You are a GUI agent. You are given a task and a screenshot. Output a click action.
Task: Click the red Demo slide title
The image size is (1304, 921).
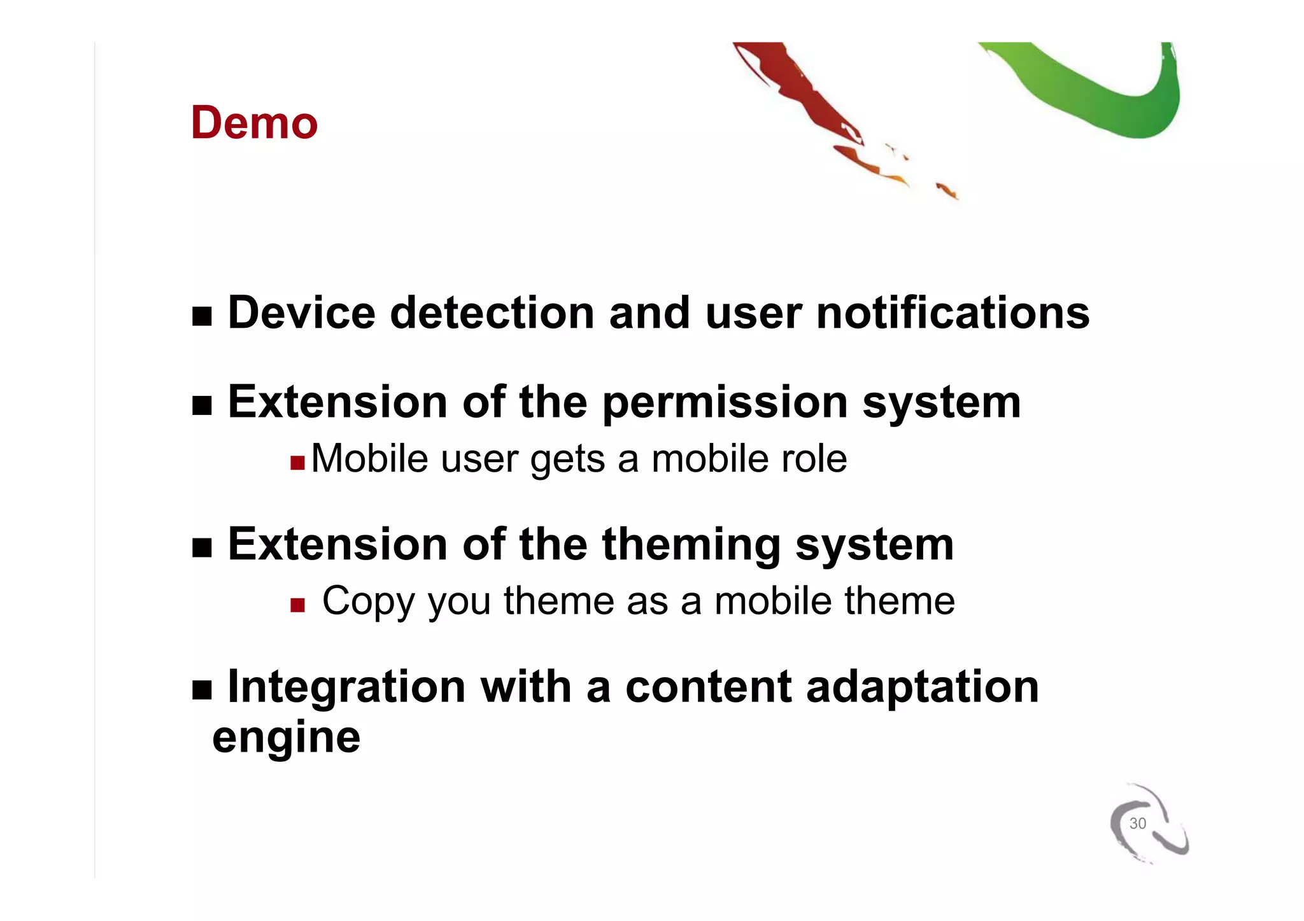click(254, 122)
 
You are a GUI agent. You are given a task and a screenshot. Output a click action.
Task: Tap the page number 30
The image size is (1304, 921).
click(1137, 823)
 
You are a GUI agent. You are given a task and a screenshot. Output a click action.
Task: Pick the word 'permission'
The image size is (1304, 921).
click(725, 402)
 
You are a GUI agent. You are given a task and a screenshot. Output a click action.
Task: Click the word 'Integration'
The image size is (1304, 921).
click(346, 687)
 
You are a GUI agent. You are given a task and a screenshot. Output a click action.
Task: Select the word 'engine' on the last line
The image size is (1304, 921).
click(286, 738)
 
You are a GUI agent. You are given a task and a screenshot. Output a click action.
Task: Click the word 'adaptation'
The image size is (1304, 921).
click(922, 687)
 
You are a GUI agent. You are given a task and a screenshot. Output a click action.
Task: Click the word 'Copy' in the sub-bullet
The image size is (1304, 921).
click(367, 601)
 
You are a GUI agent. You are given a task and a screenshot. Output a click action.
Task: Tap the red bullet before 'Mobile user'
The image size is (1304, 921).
click(297, 462)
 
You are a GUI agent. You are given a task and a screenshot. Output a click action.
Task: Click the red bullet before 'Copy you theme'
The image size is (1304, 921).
click(297, 605)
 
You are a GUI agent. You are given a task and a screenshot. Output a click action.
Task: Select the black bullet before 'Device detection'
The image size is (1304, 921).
click(202, 316)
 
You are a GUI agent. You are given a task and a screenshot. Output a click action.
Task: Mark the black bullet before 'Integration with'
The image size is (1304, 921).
click(202, 689)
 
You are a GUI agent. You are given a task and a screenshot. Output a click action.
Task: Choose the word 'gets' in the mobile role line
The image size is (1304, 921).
click(567, 460)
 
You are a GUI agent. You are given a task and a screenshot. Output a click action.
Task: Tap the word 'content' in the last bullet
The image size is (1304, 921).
click(708, 687)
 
